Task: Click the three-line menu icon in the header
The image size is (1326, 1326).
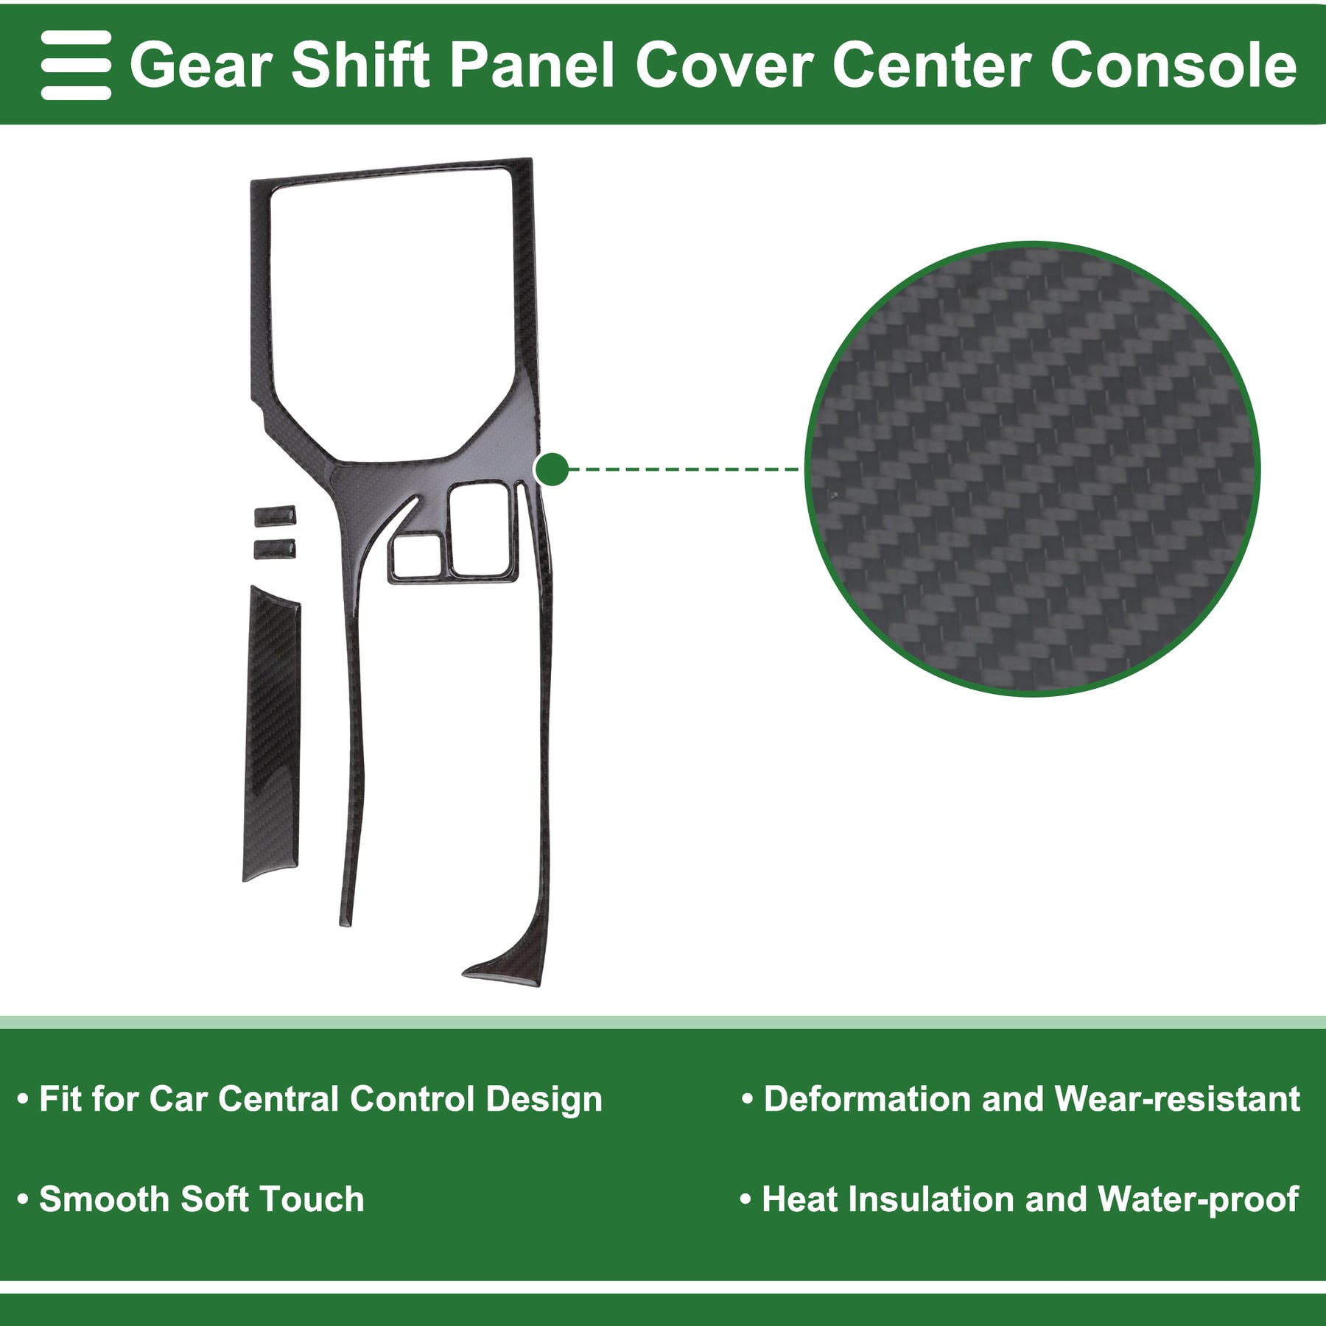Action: [x=76, y=65]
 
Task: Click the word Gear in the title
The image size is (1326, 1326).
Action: [x=201, y=66]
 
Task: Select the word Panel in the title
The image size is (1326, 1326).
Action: [x=532, y=66]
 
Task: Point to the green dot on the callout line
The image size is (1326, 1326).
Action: [x=552, y=469]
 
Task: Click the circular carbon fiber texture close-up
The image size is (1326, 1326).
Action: [x=1032, y=469]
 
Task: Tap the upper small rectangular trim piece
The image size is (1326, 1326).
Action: [x=276, y=516]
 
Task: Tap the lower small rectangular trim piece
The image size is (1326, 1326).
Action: [x=276, y=550]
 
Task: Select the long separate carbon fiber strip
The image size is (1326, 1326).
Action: [x=271, y=733]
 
